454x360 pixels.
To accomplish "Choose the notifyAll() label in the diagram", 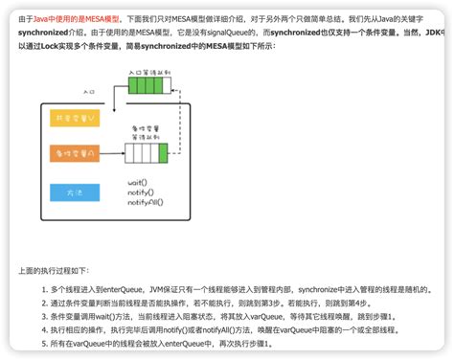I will point(146,203).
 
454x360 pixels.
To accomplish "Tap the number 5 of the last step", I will point(43,343).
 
